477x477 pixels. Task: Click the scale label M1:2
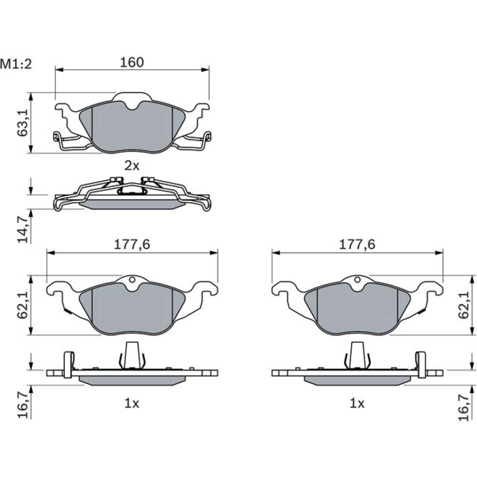pyautogui.click(x=16, y=64)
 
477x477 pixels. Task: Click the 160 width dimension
pyautogui.click(x=132, y=62)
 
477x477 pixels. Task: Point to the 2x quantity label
pyautogui.click(x=132, y=166)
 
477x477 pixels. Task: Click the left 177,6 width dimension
pyautogui.click(x=132, y=245)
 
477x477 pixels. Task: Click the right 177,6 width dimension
pyautogui.click(x=357, y=245)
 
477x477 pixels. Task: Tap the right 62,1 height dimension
pyautogui.click(x=464, y=305)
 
